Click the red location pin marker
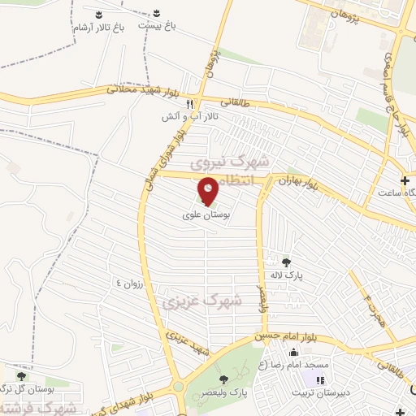(x=208, y=190)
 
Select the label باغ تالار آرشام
(x=99, y=28)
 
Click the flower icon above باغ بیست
(x=157, y=14)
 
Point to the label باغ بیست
(x=157, y=26)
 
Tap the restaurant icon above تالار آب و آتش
(x=189, y=104)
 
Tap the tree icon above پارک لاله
(x=286, y=262)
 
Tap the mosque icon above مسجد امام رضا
(x=294, y=353)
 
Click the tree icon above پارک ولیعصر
(x=223, y=379)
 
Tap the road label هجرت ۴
(x=371, y=310)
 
